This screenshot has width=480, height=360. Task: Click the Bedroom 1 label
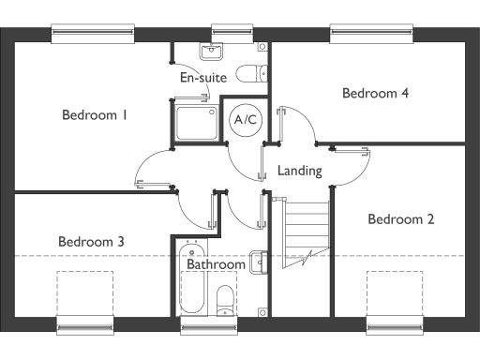click(x=94, y=115)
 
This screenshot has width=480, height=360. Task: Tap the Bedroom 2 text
click(x=400, y=219)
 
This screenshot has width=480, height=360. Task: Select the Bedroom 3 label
click(x=91, y=242)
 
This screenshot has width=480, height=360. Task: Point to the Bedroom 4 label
click(x=375, y=93)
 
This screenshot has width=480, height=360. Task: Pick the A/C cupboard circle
click(x=246, y=120)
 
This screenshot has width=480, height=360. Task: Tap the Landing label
click(x=300, y=172)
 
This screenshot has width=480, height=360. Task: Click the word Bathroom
click(x=216, y=265)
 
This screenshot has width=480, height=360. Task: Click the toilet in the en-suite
click(x=248, y=73)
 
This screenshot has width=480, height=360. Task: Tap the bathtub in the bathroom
click(x=191, y=279)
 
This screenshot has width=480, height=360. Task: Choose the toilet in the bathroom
click(x=225, y=300)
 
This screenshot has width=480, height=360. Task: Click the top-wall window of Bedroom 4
click(x=373, y=33)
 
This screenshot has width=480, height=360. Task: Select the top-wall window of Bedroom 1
click(x=92, y=33)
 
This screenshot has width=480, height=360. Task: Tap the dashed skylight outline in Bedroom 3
click(x=86, y=294)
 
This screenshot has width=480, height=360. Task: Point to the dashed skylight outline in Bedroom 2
click(x=395, y=294)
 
